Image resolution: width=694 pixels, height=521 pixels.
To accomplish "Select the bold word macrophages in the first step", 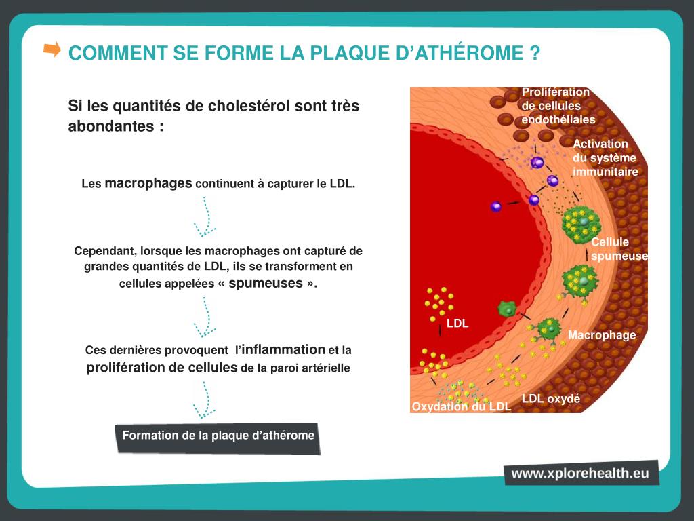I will [x=148, y=183].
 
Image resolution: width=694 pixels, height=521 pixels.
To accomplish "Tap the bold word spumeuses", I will [x=265, y=283].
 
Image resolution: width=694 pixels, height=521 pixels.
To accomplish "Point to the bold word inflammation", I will [x=283, y=349].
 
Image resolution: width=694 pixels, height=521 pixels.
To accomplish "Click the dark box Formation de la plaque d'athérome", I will [x=218, y=436].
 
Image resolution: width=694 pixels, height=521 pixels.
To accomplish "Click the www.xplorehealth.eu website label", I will [x=580, y=473].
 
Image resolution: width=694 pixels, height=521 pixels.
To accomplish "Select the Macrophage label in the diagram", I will [x=602, y=335].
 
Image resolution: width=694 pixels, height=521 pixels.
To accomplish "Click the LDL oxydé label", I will [x=551, y=399].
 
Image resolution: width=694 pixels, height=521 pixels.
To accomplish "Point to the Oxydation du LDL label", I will [x=461, y=407].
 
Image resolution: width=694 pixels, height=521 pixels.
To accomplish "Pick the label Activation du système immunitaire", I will [x=605, y=158].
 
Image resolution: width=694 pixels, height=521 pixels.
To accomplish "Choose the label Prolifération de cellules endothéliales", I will [x=558, y=106].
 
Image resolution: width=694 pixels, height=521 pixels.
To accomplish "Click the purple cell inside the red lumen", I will [x=496, y=206].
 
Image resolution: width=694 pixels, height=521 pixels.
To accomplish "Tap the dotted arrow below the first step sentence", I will [x=204, y=216].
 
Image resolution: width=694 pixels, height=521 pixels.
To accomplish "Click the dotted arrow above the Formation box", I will [x=203, y=400].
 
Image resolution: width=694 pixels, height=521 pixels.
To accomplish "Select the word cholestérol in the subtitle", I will [x=249, y=107].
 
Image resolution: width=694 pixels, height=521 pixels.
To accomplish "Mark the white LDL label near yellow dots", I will [x=457, y=324].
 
